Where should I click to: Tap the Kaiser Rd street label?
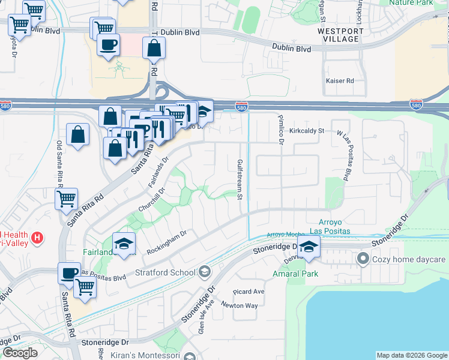[x=340, y=80]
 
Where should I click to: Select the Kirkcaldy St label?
[x=306, y=130]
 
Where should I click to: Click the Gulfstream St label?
[x=239, y=179]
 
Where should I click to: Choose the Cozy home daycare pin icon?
[x=363, y=259]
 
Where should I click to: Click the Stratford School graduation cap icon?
[x=205, y=273]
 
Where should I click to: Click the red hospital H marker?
[x=37, y=238]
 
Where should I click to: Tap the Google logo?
[x=20, y=353]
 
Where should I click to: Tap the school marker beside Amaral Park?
[x=309, y=246]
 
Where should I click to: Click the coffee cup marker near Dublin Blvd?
[x=108, y=45]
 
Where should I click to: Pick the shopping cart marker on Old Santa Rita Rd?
[x=66, y=198]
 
